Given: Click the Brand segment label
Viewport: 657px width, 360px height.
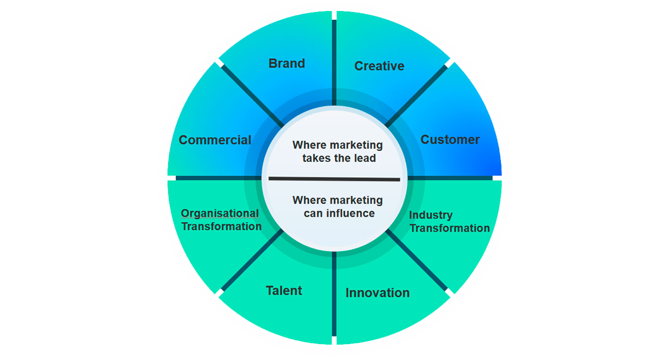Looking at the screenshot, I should [x=286, y=63].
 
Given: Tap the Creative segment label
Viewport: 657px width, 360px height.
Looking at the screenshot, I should [x=379, y=66].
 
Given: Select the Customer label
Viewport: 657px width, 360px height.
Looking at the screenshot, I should [x=449, y=140].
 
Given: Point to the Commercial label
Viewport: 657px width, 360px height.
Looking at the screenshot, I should [x=215, y=140].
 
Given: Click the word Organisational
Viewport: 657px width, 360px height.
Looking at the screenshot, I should [x=220, y=213].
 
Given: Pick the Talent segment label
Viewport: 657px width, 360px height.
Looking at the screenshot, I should [x=284, y=291].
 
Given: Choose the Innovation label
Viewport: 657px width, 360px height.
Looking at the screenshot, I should [x=377, y=293].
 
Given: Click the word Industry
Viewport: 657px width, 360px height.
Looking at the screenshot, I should [x=431, y=215].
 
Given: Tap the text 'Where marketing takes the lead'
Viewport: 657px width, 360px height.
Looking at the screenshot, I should [x=337, y=152].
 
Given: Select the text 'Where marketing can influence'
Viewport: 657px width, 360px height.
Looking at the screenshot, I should [x=337, y=206].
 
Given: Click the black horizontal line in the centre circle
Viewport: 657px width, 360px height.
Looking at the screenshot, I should [x=334, y=179].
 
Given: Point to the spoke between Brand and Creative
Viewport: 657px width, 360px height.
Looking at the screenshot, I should [x=333, y=60].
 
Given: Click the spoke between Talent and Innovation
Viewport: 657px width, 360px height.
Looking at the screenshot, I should [x=333, y=295].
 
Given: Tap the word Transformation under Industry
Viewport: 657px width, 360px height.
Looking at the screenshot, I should [x=449, y=228].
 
